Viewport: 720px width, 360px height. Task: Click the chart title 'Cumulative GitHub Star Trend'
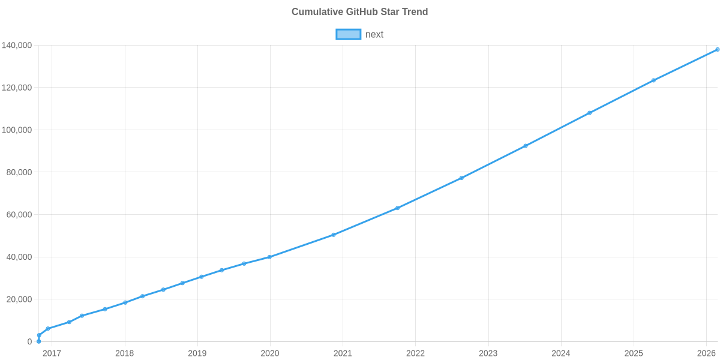coord(359,12)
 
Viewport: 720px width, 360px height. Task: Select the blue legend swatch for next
coord(348,34)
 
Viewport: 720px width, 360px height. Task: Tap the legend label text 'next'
coord(374,34)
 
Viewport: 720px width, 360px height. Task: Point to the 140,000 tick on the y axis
coord(17,46)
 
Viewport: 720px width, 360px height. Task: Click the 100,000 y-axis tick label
coord(17,130)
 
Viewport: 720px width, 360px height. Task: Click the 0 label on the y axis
coord(29,342)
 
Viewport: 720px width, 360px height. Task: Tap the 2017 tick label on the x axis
coord(52,353)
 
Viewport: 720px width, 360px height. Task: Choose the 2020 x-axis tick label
coord(270,353)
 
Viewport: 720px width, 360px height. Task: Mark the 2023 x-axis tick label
coord(488,353)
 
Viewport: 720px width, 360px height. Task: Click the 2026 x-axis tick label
coord(706,353)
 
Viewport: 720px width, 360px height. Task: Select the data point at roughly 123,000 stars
coord(653,80)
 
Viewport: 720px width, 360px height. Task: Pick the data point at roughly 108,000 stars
coord(589,113)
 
